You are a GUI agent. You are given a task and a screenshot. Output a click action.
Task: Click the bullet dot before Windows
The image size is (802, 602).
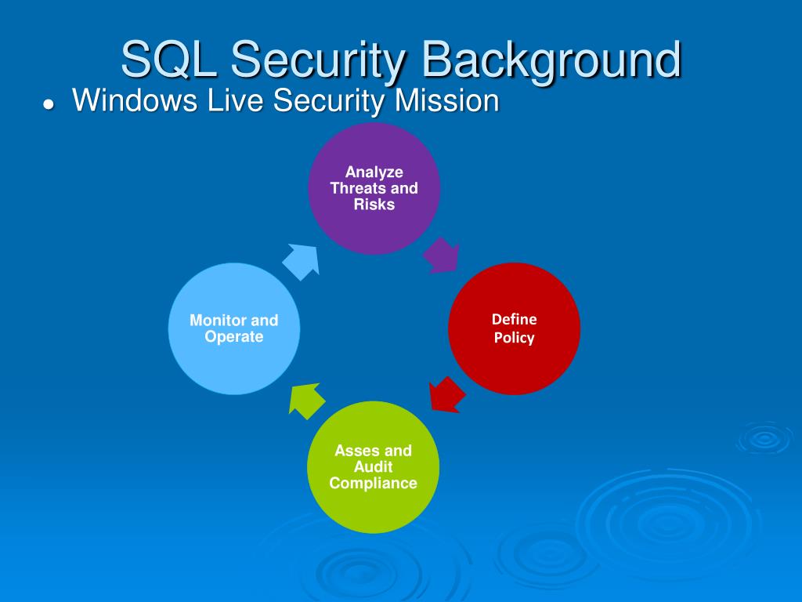pyautogui.click(x=49, y=105)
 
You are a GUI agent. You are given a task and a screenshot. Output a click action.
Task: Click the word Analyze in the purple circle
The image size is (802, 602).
pyautogui.click(x=374, y=172)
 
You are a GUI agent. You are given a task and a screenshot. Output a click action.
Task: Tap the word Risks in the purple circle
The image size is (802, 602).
pyautogui.click(x=374, y=205)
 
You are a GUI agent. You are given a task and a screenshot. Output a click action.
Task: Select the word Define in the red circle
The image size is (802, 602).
pyautogui.click(x=515, y=319)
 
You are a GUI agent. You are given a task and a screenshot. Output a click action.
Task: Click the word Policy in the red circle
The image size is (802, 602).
pyautogui.click(x=514, y=338)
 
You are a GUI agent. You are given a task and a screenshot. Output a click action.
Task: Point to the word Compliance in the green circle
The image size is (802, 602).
pyautogui.click(x=374, y=483)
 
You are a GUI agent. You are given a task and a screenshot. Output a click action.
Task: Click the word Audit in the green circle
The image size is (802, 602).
pyautogui.click(x=374, y=466)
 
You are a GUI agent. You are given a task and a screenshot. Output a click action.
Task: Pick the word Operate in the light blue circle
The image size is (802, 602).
pyautogui.click(x=234, y=337)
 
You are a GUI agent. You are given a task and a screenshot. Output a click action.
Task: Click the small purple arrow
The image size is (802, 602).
pyautogui.click(x=441, y=256)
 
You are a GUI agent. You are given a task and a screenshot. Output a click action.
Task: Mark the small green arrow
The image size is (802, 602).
pyautogui.click(x=307, y=399)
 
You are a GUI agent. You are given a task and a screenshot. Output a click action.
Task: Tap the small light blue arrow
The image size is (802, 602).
pyautogui.click(x=302, y=260)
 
